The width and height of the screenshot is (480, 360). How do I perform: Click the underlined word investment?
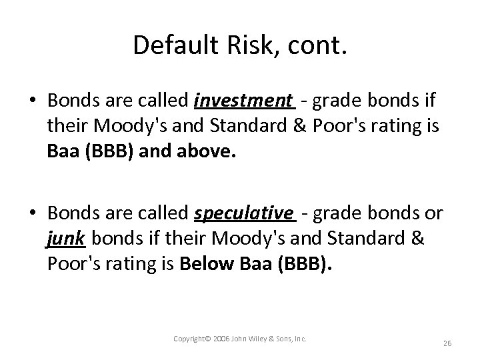click(x=243, y=101)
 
